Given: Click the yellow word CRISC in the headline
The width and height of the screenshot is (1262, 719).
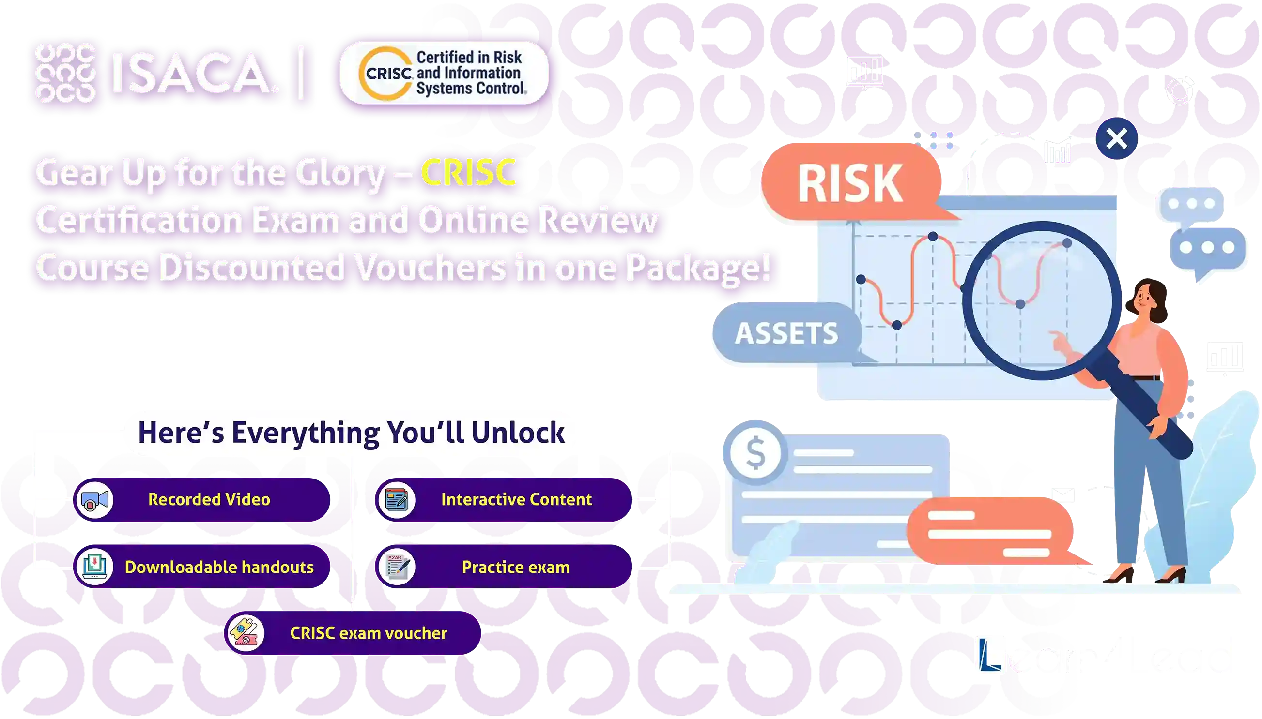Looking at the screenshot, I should coord(468,173).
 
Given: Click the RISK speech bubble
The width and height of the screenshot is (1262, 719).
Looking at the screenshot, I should coord(850,183).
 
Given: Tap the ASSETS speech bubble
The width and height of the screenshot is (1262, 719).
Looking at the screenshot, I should coord(786,333).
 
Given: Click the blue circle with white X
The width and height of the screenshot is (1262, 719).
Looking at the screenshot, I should coord(1117,138).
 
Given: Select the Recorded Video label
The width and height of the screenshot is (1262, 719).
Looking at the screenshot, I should coord(209,499).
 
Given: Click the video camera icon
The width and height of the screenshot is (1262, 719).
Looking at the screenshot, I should coord(95,500).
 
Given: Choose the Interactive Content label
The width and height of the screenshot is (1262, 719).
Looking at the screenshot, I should coord(516,499).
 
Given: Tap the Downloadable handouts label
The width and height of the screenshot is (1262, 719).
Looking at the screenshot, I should coord(219,567).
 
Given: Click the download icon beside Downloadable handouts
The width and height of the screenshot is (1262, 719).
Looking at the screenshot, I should coord(95,567).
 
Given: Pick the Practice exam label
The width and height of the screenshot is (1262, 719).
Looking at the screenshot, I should coord(515,567).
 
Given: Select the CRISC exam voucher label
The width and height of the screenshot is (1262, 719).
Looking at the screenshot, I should coord(368,633).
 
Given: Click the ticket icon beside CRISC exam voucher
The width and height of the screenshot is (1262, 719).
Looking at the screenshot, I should coord(246,633).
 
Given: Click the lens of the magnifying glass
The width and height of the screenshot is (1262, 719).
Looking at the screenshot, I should coord(1041,300).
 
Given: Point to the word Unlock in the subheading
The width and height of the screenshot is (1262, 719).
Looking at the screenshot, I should coord(517,433).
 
